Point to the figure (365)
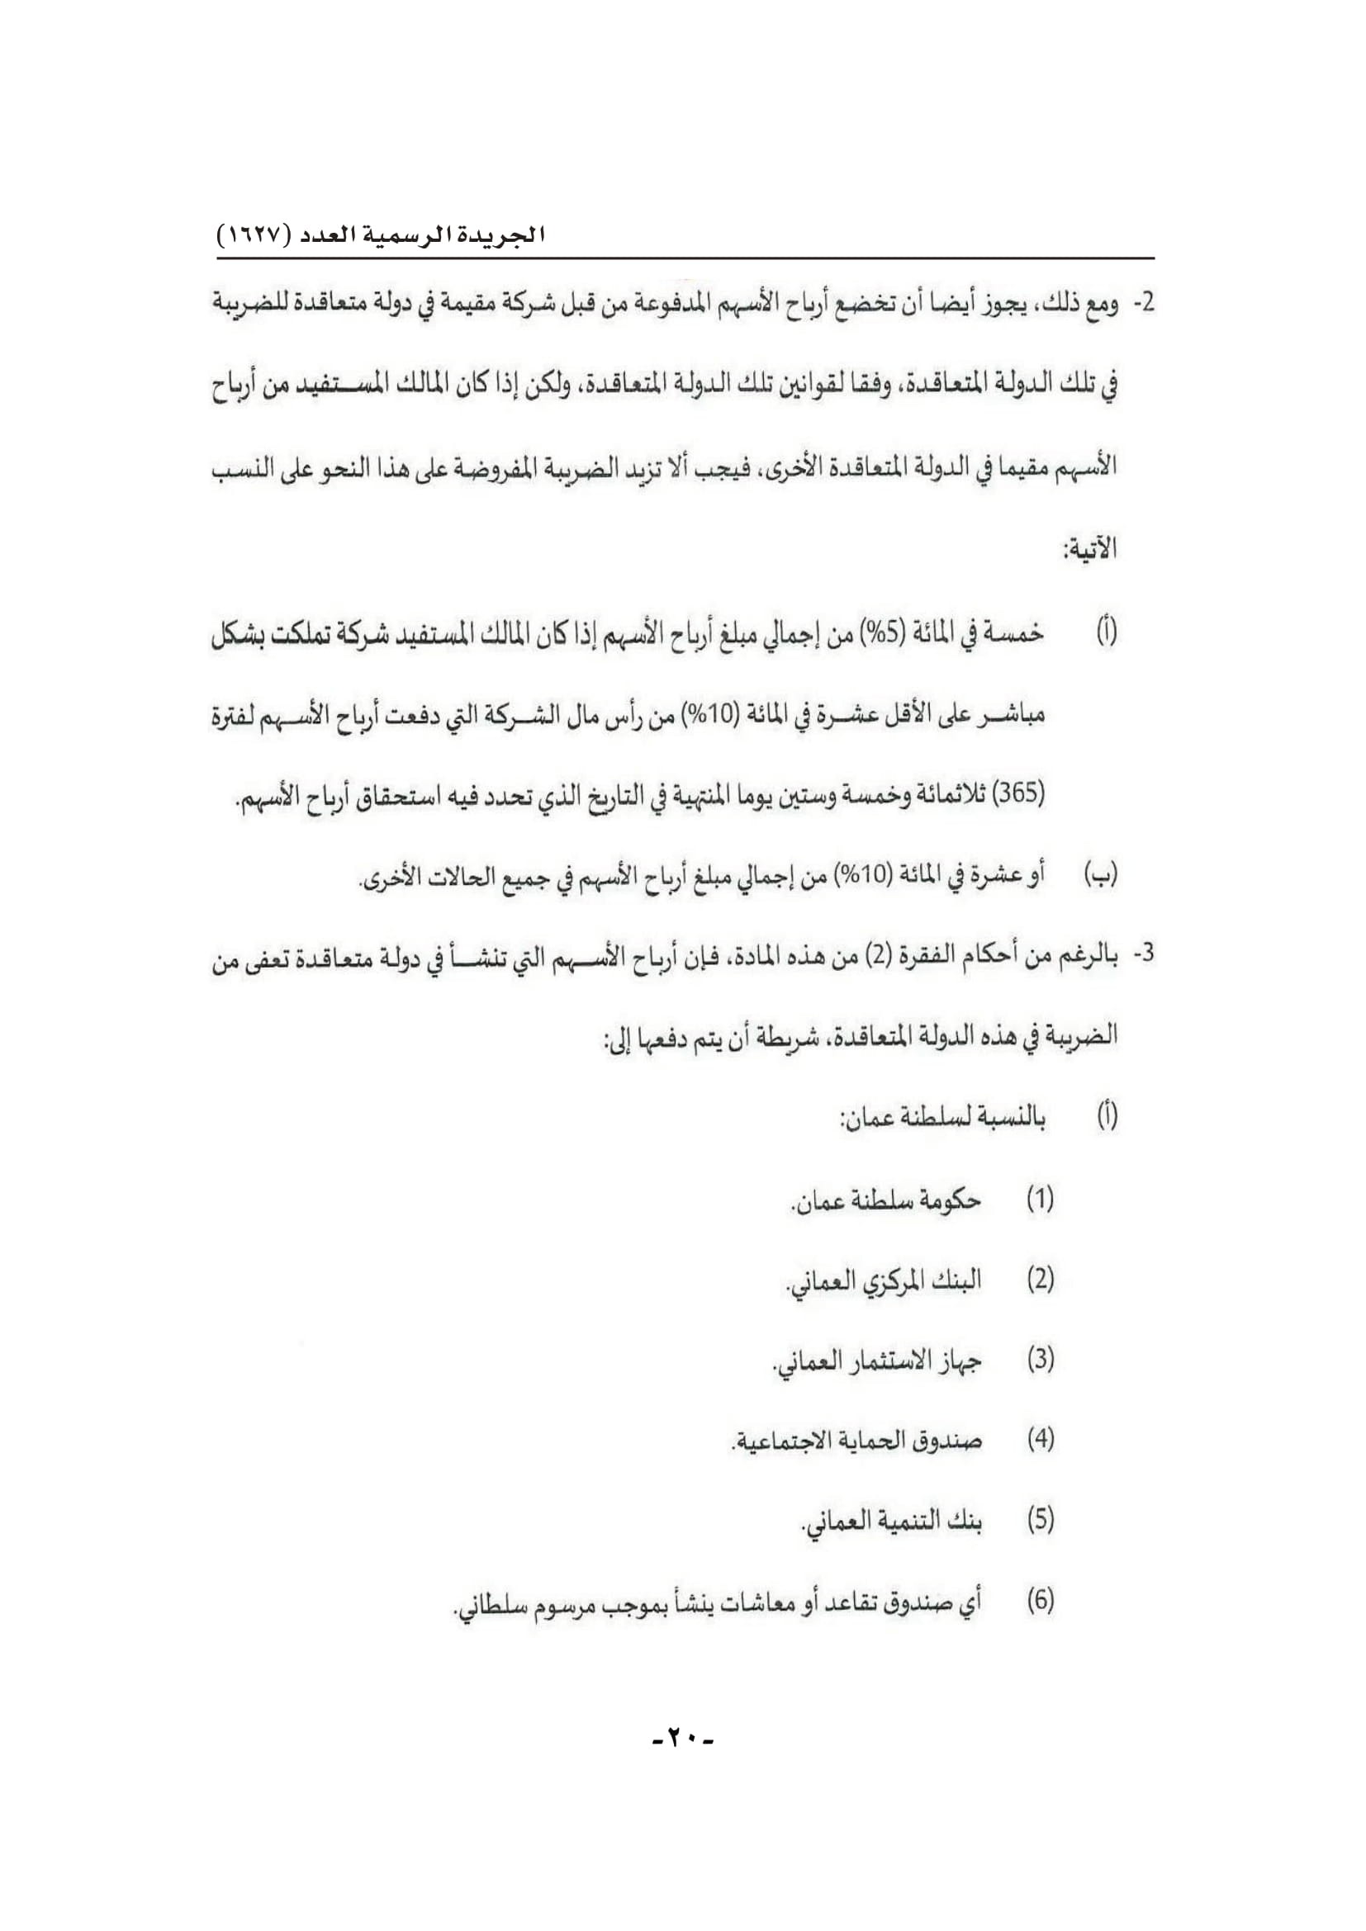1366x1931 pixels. coord(1018,793)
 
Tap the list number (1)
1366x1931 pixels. coord(1040,1200)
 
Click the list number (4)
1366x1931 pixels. coord(1040,1439)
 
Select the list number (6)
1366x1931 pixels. coord(1040,1600)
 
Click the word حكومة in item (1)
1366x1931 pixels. coord(950,1200)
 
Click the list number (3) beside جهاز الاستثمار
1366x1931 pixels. coord(1040,1359)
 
